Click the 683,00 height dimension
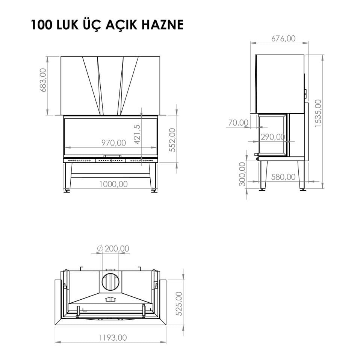(x=43, y=80)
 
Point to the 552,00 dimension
(x=172, y=140)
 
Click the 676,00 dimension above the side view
(x=283, y=38)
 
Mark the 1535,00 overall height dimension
(x=318, y=113)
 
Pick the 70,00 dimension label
(x=238, y=123)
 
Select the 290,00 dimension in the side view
(x=273, y=137)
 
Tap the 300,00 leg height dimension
(x=242, y=174)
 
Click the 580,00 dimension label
(x=283, y=177)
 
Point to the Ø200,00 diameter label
(x=113, y=249)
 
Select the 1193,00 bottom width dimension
(x=113, y=337)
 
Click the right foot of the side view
(x=302, y=189)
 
